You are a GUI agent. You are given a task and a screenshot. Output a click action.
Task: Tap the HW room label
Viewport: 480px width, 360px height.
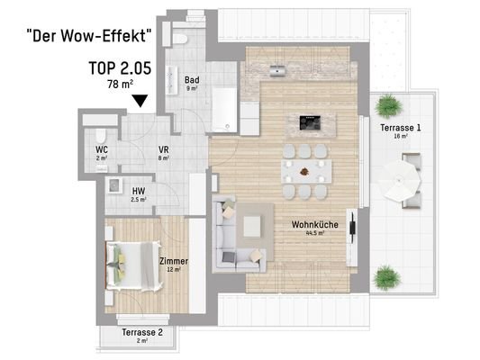coord(138,192)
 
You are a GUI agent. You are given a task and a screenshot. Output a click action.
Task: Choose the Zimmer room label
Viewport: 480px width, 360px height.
coord(173,264)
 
